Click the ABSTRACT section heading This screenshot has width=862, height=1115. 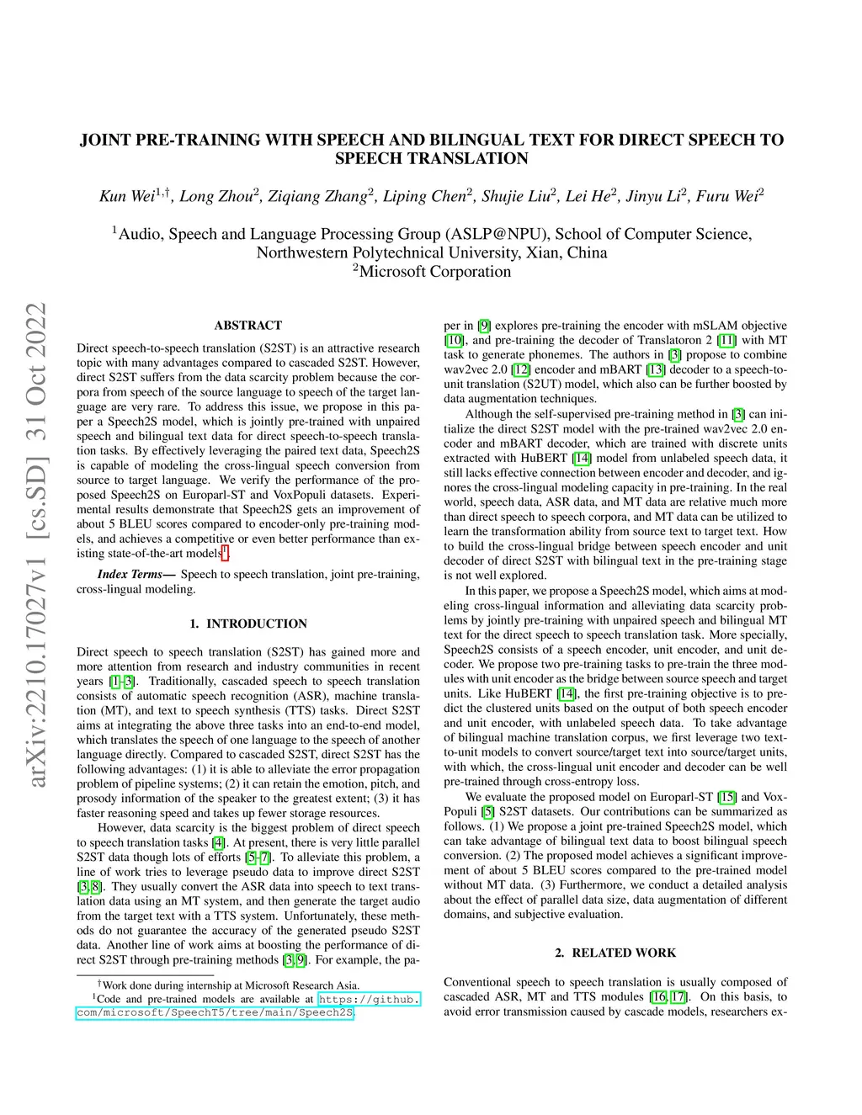(248, 326)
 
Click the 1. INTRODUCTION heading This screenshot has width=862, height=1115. (248, 624)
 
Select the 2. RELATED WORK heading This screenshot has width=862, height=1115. (615, 953)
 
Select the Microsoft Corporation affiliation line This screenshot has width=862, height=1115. (432, 271)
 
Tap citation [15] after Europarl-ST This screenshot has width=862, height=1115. (726, 797)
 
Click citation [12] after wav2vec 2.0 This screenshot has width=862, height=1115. (521, 369)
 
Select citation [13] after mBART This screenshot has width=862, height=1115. (655, 369)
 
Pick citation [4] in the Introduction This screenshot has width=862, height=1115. (219, 842)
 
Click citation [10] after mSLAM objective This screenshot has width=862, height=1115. (454, 340)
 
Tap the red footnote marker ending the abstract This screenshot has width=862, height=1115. (225, 552)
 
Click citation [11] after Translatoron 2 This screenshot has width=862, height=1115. (726, 340)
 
